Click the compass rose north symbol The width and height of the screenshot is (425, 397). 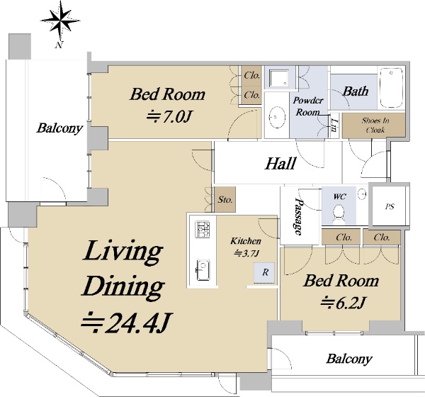60,21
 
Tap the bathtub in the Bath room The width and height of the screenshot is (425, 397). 392,88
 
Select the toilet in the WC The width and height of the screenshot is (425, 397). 339,213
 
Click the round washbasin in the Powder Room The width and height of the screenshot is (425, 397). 277,117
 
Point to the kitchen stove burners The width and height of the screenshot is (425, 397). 203,230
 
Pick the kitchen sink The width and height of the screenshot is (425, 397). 203,270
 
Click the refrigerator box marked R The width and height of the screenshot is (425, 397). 264,272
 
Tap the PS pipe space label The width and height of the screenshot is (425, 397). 390,206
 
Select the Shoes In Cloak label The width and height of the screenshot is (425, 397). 375,125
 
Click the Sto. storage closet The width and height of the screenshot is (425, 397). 225,199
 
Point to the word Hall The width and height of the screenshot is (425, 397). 280,163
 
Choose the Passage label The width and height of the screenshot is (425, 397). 299,216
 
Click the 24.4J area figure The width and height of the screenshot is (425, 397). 127,323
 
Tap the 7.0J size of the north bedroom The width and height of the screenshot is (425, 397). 169,117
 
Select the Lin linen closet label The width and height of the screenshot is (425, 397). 334,125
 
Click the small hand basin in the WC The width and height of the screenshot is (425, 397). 363,194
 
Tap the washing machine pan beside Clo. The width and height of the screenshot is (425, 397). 278,79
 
